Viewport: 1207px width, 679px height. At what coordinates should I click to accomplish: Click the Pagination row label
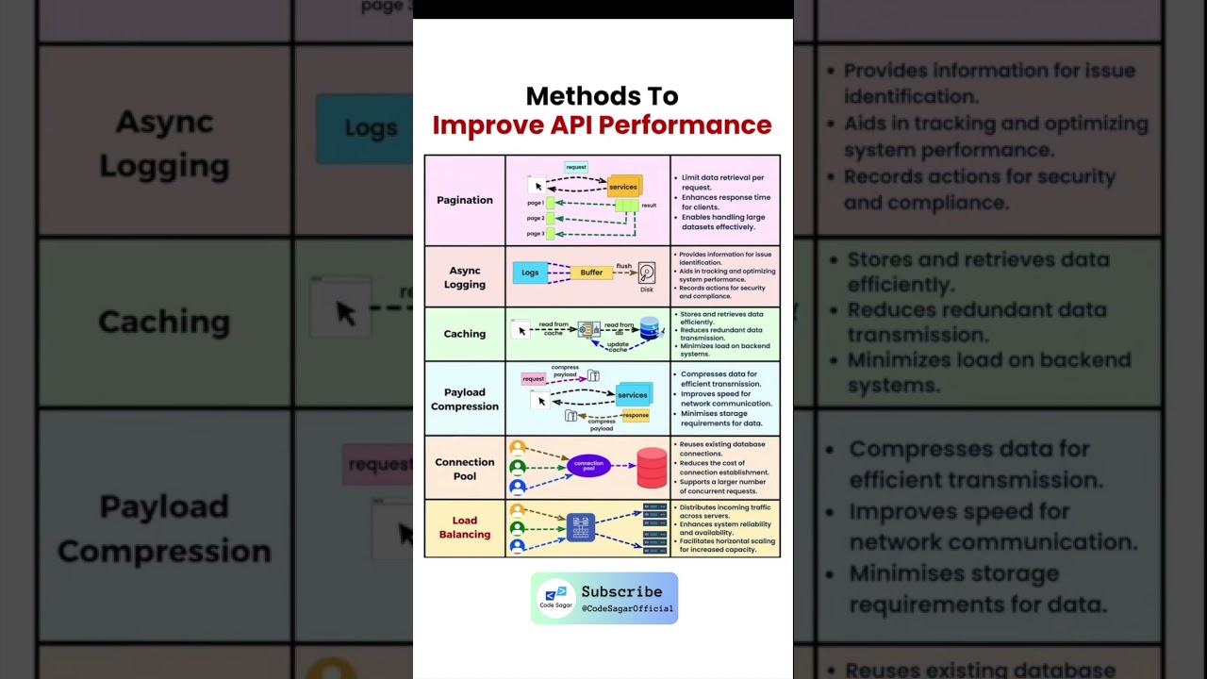click(x=465, y=200)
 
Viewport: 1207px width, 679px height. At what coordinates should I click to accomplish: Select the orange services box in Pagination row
click(x=623, y=186)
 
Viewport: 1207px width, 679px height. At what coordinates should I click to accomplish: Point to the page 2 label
click(x=536, y=218)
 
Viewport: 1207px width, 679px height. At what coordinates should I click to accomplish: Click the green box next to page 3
click(x=549, y=233)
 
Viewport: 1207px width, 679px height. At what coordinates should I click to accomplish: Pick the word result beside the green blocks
click(x=649, y=205)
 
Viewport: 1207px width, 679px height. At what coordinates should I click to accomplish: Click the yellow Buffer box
click(x=591, y=273)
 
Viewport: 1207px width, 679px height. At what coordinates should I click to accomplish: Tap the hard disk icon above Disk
click(x=647, y=273)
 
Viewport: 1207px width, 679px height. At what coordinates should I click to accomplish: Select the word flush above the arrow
click(x=624, y=266)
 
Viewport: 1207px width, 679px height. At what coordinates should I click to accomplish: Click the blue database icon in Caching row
click(x=650, y=327)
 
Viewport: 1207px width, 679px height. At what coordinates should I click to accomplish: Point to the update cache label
click(x=618, y=345)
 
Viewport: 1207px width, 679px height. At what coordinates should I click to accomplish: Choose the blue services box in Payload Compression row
click(x=633, y=395)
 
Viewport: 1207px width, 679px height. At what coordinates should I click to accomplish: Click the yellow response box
click(x=636, y=415)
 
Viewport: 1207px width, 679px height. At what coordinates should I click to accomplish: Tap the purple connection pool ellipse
click(x=588, y=465)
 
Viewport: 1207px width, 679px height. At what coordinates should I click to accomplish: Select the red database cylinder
click(x=652, y=468)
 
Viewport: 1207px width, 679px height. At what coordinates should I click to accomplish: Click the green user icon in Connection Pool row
click(x=518, y=467)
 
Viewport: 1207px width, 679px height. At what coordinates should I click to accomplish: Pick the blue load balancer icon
click(x=581, y=527)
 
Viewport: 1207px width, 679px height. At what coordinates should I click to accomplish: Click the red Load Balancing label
click(x=465, y=527)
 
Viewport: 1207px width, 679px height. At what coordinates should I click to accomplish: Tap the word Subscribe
click(x=621, y=592)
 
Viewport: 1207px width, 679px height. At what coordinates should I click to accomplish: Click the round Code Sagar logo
click(x=556, y=598)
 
